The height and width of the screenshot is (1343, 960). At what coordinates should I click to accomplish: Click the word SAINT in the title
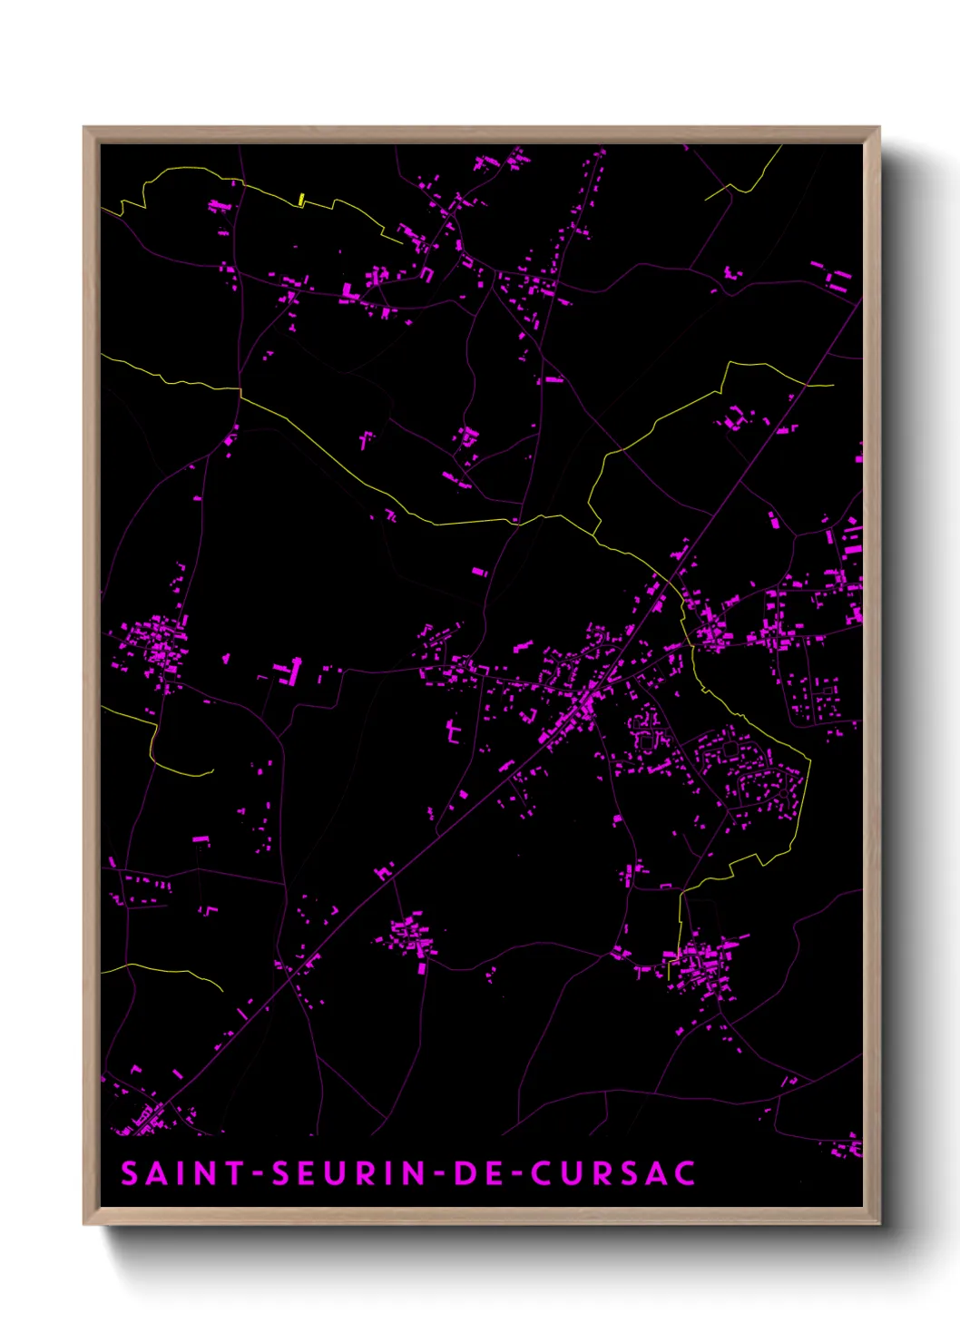coord(181,1172)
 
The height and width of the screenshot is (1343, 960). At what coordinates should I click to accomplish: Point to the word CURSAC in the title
coord(613,1172)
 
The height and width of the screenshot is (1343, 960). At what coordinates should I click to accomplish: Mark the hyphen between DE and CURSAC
coord(514,1173)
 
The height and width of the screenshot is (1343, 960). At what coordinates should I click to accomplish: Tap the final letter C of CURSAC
coord(685,1172)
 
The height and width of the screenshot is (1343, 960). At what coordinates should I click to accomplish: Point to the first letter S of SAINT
coord(130,1172)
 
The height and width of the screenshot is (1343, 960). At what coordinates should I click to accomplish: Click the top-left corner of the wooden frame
coord(84,128)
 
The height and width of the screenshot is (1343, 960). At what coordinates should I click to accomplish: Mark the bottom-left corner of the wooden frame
coord(84,1223)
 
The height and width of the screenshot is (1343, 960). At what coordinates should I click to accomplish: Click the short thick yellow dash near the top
coord(301,200)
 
